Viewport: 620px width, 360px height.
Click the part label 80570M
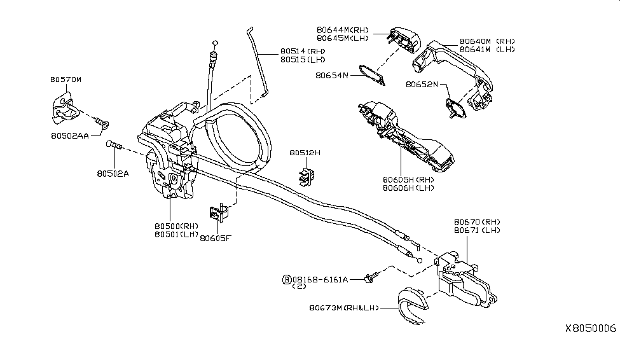coord(66,80)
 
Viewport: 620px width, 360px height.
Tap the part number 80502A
coord(113,172)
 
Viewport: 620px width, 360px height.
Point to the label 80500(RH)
coord(176,226)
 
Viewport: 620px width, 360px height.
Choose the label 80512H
coord(305,153)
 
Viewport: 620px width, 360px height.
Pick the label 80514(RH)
coord(302,52)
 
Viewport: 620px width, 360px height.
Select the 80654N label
coord(332,74)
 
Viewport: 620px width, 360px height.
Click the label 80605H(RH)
coord(408,180)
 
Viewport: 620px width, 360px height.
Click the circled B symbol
coord(287,279)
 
